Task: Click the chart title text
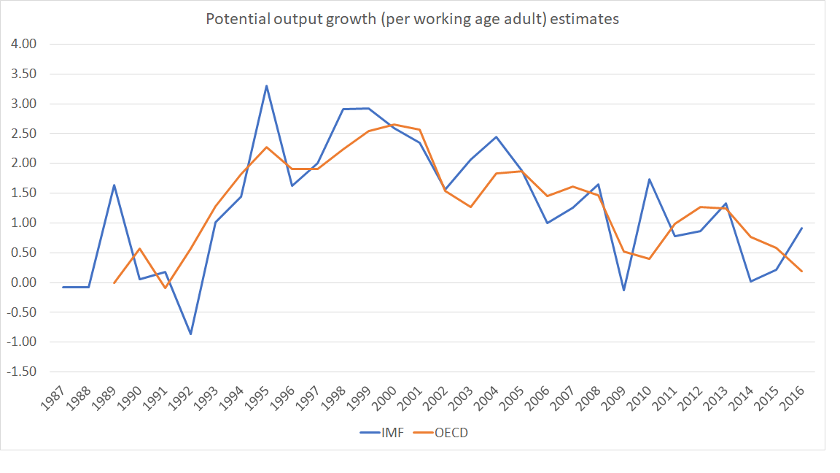click(x=412, y=20)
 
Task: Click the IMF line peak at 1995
click(x=266, y=85)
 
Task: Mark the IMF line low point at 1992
click(x=190, y=334)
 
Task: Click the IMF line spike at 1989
click(x=114, y=185)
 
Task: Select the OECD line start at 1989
click(x=114, y=282)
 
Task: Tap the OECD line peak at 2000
click(x=394, y=124)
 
